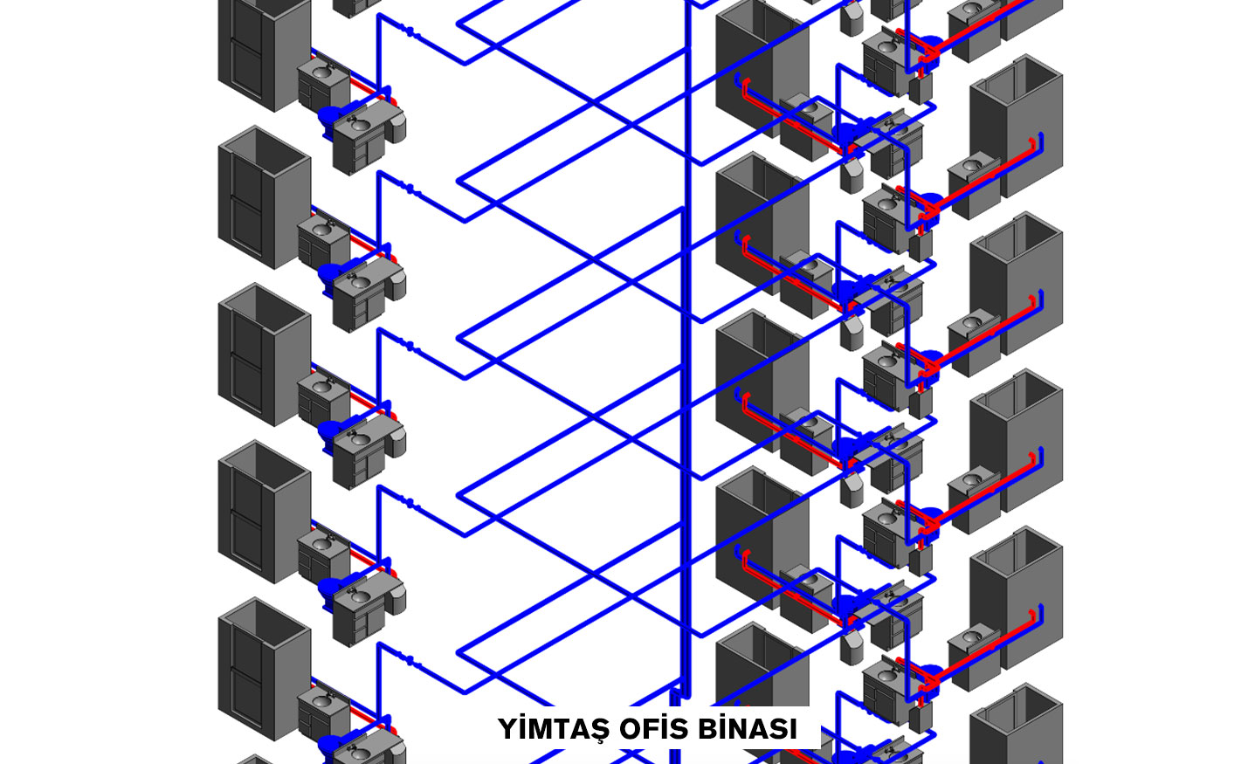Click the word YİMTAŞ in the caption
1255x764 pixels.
point(554,729)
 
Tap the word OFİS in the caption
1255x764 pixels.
point(653,729)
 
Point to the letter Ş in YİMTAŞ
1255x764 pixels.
point(599,731)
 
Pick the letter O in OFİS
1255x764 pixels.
point(631,729)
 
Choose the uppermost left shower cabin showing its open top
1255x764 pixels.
point(264,197)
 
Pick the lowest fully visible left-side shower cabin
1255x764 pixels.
point(264,669)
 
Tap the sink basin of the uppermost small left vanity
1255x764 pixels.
point(321,71)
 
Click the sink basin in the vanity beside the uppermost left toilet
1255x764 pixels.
point(359,125)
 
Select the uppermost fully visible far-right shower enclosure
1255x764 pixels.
point(1017,126)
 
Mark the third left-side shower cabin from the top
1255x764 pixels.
point(264,354)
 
